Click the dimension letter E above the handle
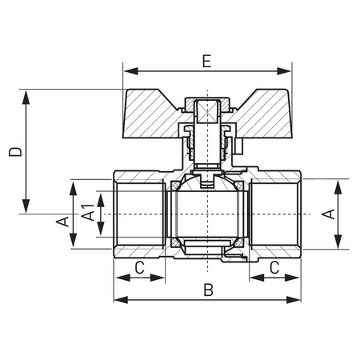[206, 62]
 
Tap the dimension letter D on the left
[16, 151]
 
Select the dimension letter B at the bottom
[208, 290]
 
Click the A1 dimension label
[88, 213]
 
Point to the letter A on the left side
[63, 222]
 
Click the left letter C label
[139, 267]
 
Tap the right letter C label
[274, 267]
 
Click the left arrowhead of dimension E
[131, 71]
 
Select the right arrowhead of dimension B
[294, 299]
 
